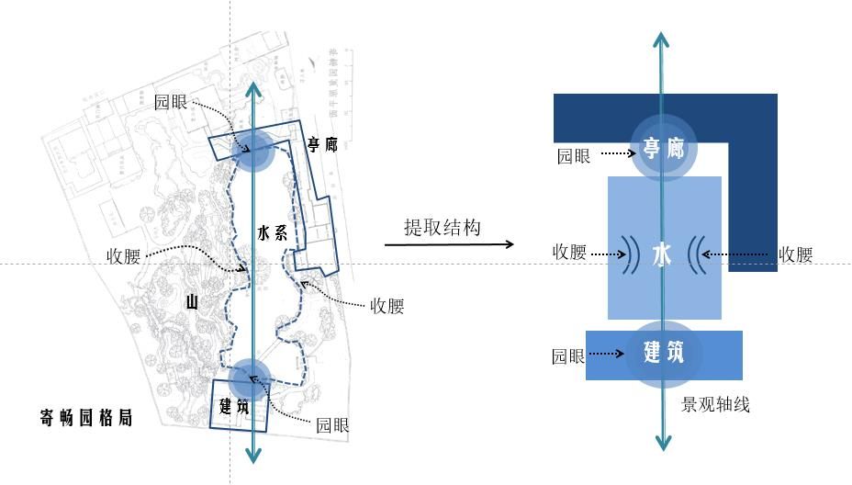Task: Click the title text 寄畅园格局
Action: click(x=86, y=418)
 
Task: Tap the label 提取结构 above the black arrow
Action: click(x=443, y=228)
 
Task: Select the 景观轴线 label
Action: click(x=716, y=404)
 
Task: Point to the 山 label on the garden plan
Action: click(x=192, y=301)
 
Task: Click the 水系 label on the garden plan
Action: click(x=273, y=233)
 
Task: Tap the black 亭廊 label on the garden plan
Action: click(x=323, y=145)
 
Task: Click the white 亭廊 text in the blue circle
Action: click(x=663, y=147)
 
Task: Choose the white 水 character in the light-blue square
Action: click(x=662, y=254)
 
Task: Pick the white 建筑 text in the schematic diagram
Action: click(x=664, y=352)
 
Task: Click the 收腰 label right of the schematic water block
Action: click(x=795, y=255)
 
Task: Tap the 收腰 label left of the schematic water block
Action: click(x=569, y=252)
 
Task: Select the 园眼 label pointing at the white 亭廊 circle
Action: click(x=574, y=156)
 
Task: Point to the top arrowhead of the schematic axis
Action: click(x=660, y=39)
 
